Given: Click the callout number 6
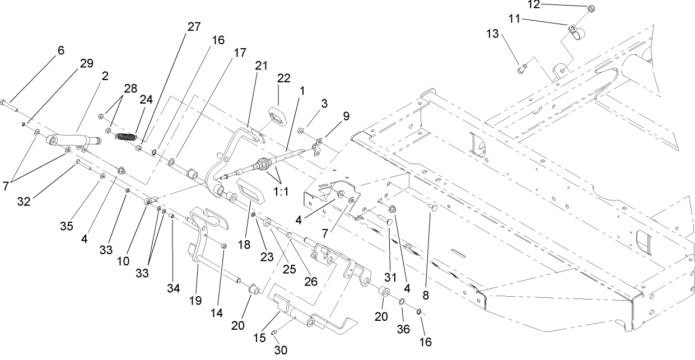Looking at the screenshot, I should pos(60,50).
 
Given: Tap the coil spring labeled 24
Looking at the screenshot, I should pos(130,137).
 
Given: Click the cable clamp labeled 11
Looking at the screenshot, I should pos(572,31).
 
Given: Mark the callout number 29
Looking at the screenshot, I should pos(86,63).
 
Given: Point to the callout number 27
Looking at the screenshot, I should pos(194,27).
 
